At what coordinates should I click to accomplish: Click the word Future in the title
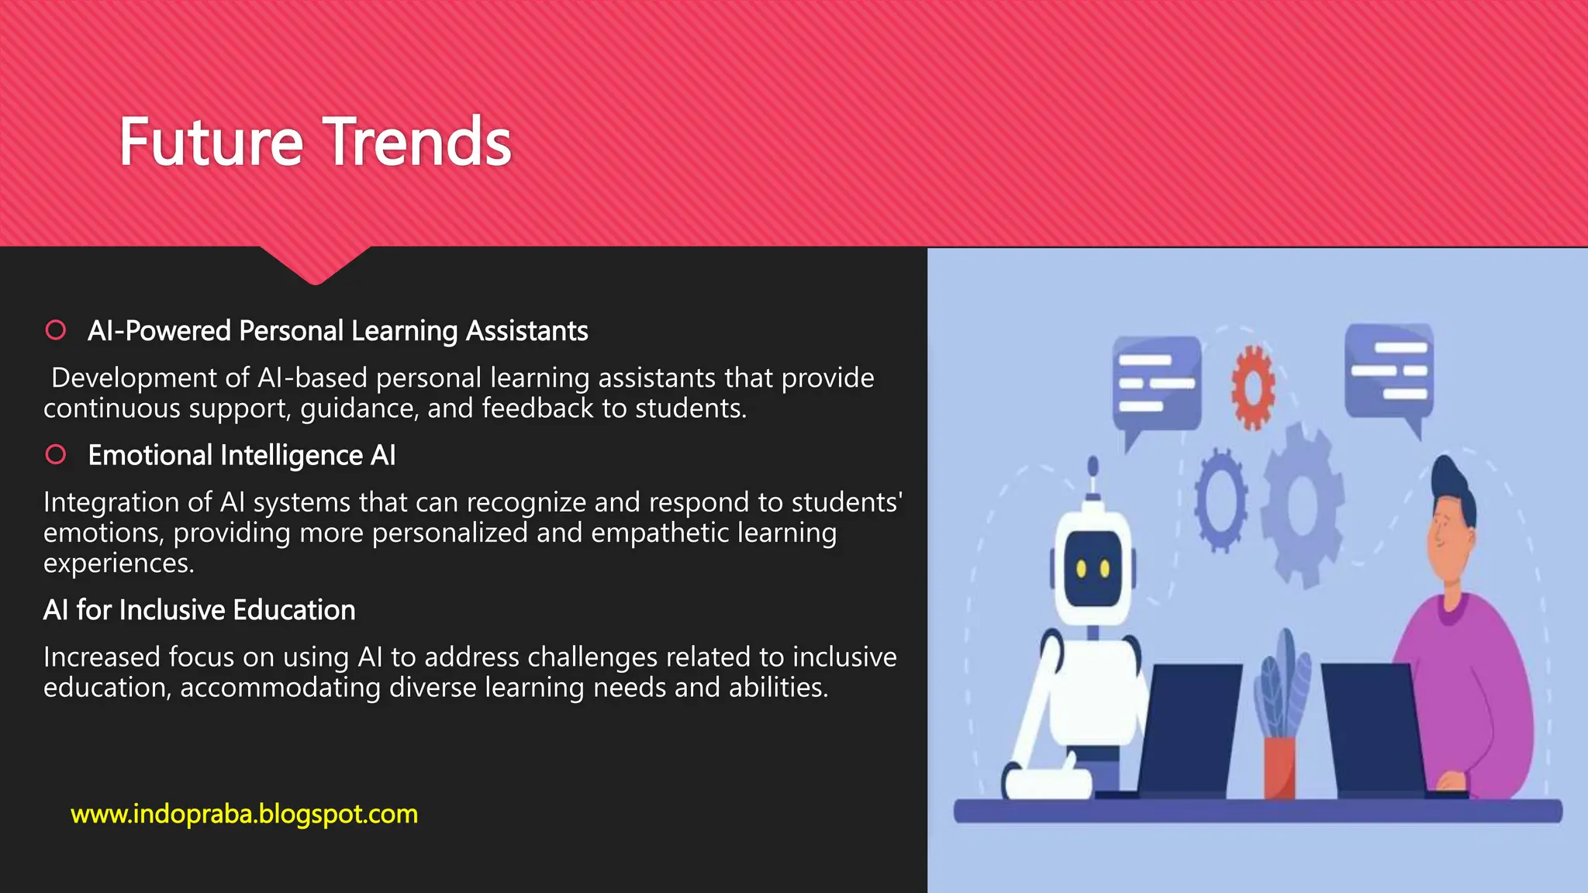210,143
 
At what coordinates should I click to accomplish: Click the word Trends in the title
416,143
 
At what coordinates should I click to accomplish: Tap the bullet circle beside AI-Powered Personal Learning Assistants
56,330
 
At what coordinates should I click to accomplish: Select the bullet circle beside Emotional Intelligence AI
56,454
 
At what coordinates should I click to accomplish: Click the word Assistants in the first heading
526,331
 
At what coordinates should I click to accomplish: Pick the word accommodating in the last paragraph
280,688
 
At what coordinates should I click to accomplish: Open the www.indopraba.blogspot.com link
244,814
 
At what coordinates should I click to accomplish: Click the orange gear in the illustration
1253,387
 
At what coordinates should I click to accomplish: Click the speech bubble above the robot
1156,384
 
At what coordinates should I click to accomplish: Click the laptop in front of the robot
1186,729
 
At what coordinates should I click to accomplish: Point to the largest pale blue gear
1303,504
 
